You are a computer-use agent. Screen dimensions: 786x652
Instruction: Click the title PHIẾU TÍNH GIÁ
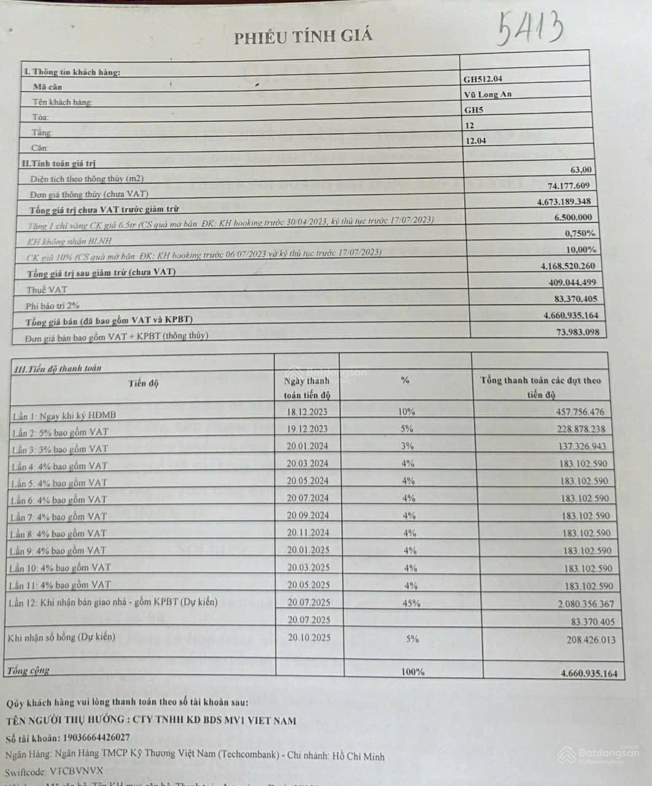303,37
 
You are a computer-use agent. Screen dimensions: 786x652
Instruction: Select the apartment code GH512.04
487,79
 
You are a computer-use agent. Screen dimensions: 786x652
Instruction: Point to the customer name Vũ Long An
488,94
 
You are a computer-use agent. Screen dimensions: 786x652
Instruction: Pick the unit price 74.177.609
569,185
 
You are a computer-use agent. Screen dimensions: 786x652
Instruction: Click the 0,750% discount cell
580,233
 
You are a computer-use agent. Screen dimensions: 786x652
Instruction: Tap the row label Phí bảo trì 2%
53,305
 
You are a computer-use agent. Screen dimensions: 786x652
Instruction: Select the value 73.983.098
571,332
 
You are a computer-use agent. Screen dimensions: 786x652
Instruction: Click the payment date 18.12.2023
306,412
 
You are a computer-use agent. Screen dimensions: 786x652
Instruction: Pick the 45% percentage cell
411,604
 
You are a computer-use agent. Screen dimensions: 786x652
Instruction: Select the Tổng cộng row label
27,671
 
